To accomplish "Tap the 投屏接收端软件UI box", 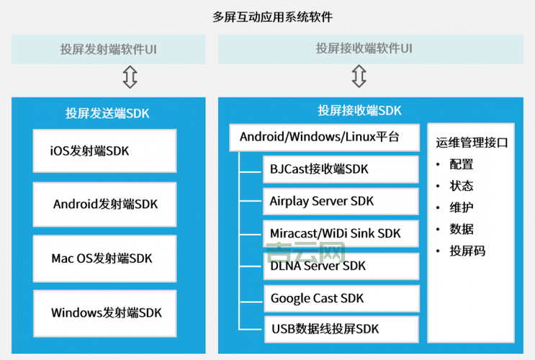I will [364, 50].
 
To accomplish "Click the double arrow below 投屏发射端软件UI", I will [130, 76].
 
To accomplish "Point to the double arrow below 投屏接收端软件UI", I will [359, 76].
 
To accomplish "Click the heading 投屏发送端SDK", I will [107, 113].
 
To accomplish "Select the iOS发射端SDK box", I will [104, 150].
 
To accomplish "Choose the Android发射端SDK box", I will [104, 204].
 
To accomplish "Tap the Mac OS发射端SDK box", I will [104, 258].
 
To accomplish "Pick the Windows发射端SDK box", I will [104, 312].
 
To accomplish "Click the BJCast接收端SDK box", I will [341, 169].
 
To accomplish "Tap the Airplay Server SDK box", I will [341, 201].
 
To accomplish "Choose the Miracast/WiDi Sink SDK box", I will [341, 233].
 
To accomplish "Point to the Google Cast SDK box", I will [341, 297].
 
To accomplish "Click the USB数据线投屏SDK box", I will [341, 329].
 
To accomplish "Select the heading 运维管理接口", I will [472, 143].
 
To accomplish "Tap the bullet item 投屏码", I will [467, 251].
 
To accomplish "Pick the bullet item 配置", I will [462, 164].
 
